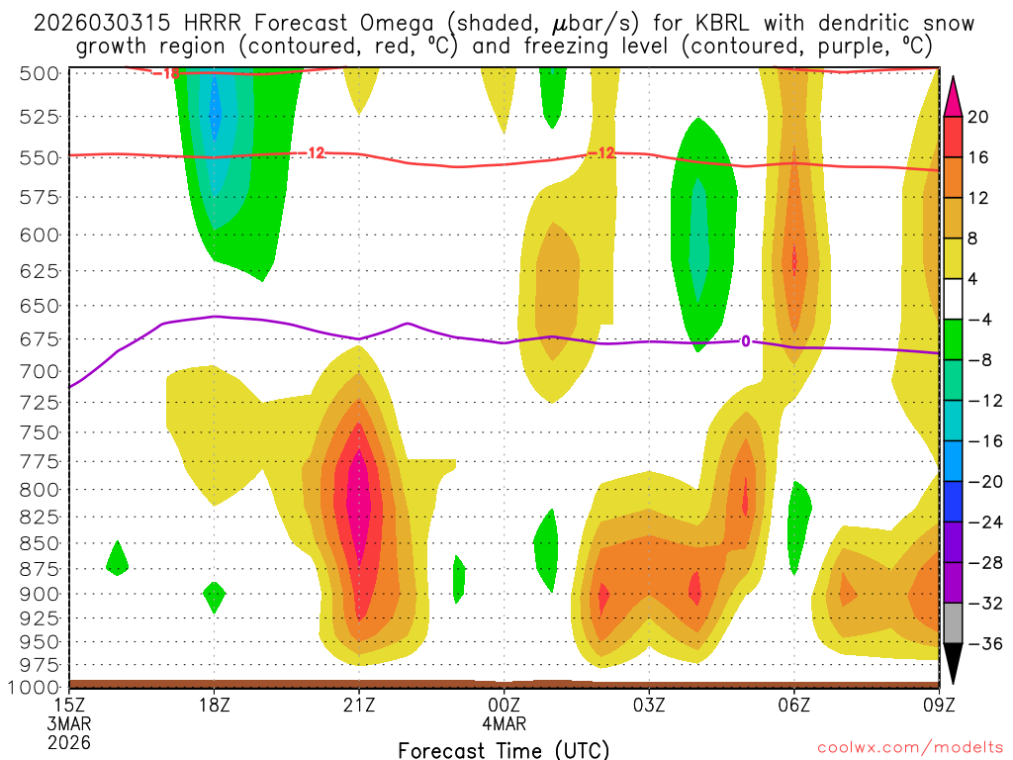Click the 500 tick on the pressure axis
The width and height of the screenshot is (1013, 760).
coord(40,72)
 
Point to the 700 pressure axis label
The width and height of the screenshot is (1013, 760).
coord(40,371)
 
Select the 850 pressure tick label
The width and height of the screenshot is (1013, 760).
coord(40,542)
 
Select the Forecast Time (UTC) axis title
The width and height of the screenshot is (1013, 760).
coord(505,749)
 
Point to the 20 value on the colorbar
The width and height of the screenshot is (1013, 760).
coord(978,117)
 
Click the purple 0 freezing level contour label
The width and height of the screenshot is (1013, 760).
coord(747,341)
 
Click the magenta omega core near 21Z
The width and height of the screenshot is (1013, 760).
coord(359,505)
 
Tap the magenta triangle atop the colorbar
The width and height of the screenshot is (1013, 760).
coord(954,95)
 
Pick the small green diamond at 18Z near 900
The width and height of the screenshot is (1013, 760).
coord(215,596)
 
